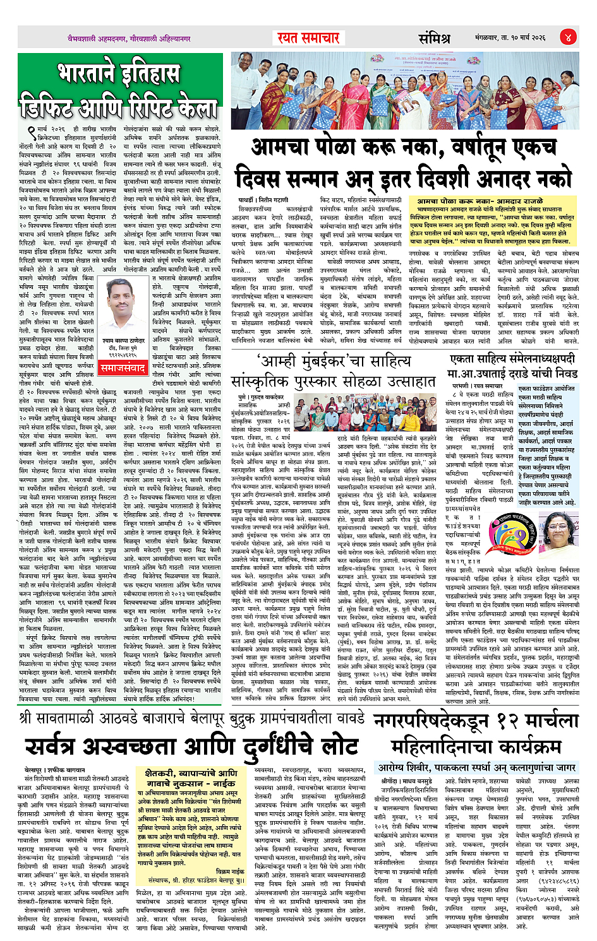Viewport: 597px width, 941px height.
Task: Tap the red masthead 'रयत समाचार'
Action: (x=309, y=38)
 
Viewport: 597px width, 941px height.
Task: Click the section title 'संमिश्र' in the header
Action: (x=434, y=38)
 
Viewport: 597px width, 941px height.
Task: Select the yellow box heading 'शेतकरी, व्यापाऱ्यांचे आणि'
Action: (x=191, y=773)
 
